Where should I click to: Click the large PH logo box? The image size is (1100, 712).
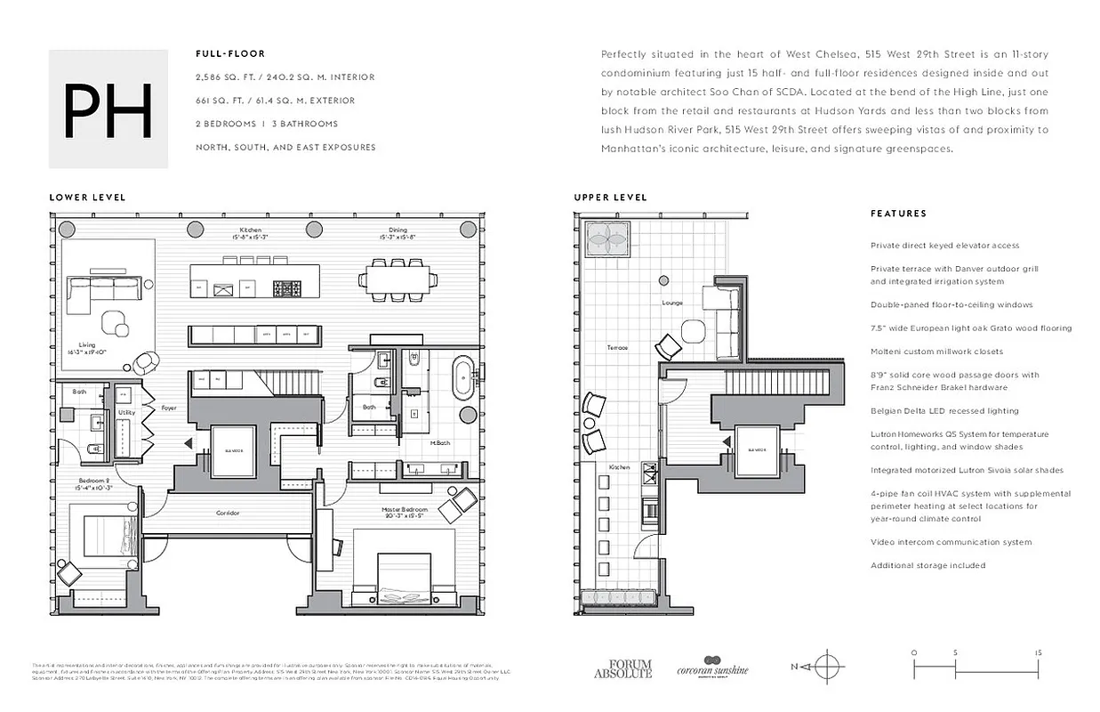(108, 109)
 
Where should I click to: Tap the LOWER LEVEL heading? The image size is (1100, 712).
(87, 198)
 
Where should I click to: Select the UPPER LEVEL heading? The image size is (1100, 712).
(610, 198)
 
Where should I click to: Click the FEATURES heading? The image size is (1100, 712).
(898, 214)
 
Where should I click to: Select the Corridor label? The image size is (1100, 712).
(228, 513)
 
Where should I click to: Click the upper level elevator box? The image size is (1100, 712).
(757, 450)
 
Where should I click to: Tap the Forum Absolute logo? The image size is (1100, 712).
(622, 667)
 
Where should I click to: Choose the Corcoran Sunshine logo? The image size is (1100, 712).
(712, 667)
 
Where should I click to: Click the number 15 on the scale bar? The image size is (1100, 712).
(1039, 652)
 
